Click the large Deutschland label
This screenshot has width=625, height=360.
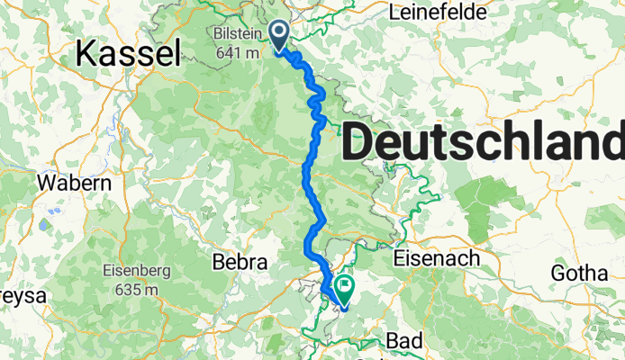483,141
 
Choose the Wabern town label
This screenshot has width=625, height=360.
74,183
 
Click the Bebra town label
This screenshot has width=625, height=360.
240,263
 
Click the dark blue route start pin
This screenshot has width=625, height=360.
279,35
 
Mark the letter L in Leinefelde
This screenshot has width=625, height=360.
393,13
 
